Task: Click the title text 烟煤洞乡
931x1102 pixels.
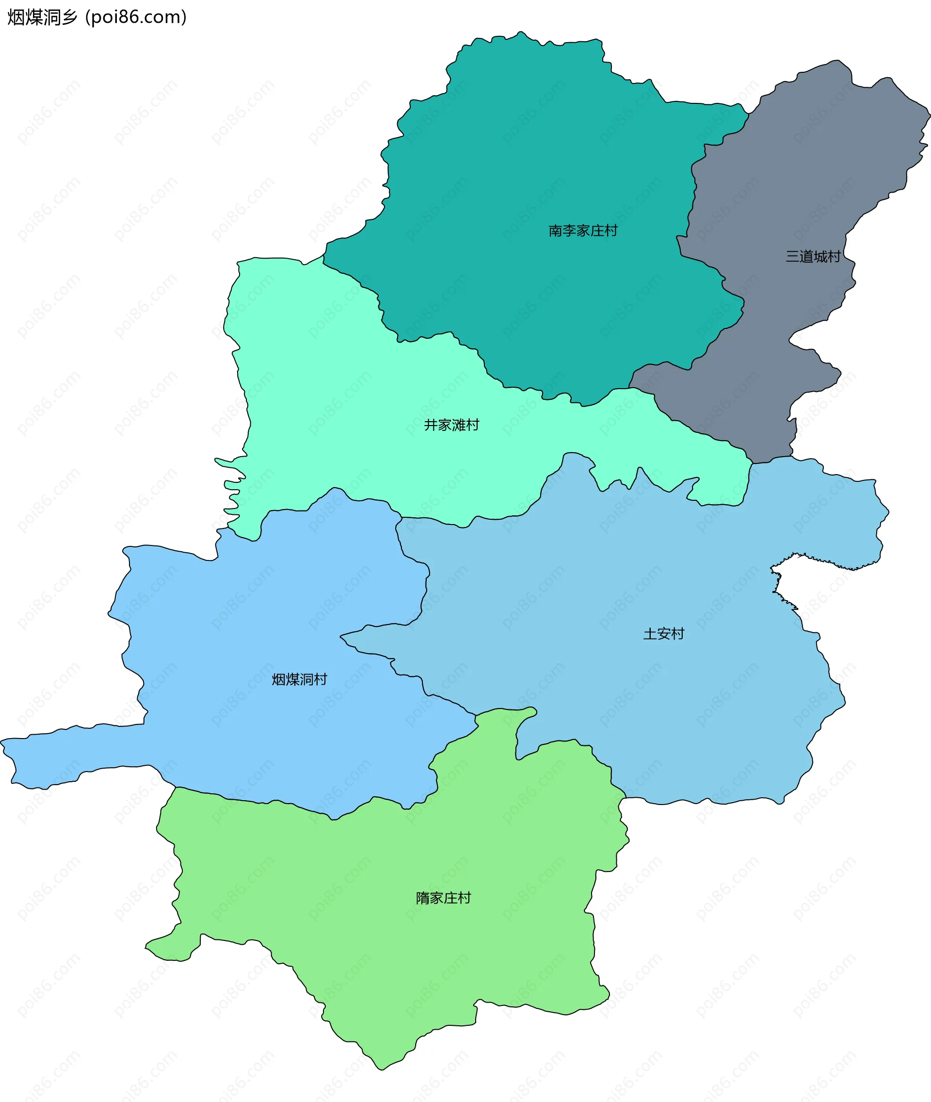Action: pos(42,17)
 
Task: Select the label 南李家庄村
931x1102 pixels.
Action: pos(583,231)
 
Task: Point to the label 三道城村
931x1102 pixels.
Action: pos(813,257)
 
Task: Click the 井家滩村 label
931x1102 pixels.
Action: pos(451,425)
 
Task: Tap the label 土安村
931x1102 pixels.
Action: pos(663,634)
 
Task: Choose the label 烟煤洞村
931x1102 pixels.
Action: pos(299,679)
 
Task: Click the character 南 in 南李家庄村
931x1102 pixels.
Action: pos(555,231)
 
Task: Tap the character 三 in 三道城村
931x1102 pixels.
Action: pos(792,257)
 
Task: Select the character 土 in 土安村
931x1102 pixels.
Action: pos(650,634)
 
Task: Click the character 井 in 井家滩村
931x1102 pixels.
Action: pos(431,425)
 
